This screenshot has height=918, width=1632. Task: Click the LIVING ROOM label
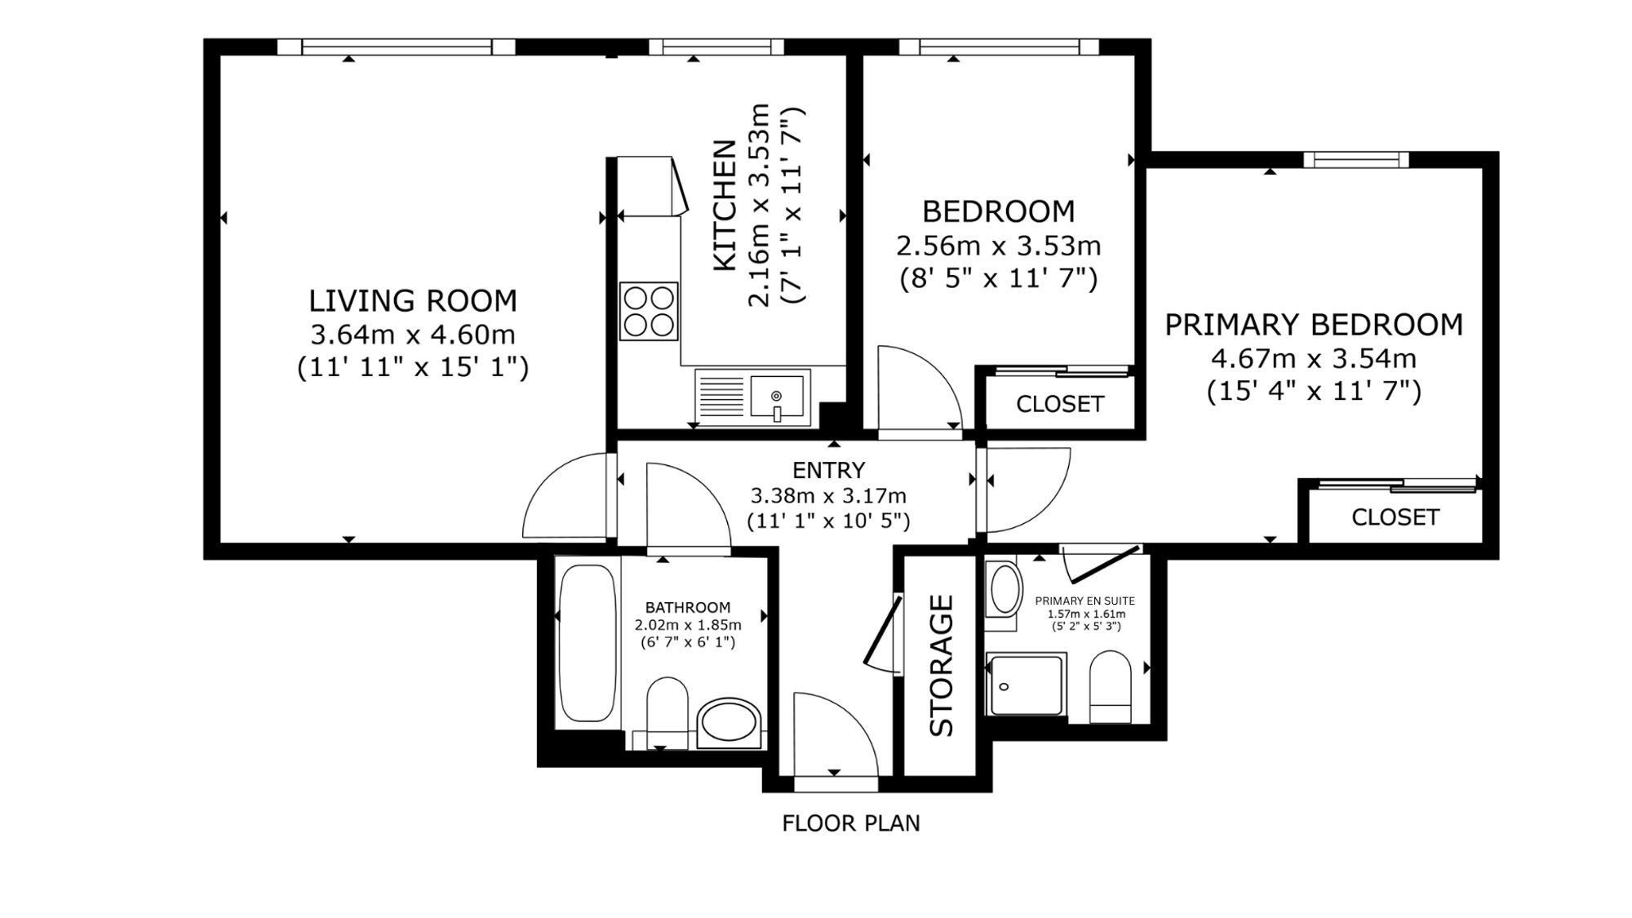tap(413, 301)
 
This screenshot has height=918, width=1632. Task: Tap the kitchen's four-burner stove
tap(649, 311)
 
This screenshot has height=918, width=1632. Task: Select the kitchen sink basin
tap(777, 396)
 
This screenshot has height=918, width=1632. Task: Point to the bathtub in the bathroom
tap(588, 643)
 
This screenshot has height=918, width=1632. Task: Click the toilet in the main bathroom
tap(667, 712)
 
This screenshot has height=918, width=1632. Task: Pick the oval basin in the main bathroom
tap(730, 723)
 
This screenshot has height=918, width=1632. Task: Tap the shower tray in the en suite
tap(1026, 685)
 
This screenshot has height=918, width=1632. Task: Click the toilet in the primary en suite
tap(1111, 686)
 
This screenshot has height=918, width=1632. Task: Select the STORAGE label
tap(942, 665)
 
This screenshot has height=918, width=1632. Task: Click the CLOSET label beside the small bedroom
tap(1059, 404)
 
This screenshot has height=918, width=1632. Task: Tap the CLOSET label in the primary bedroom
tap(1395, 517)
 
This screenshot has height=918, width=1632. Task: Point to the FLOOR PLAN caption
tap(851, 823)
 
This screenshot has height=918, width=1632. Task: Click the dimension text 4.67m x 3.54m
tap(1313, 359)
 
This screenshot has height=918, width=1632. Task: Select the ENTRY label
tap(828, 470)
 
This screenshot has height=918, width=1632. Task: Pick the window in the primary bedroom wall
tap(1356, 159)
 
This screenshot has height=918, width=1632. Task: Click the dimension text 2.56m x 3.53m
tap(999, 246)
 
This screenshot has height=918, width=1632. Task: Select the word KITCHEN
tap(725, 206)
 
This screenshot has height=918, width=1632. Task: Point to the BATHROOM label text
tap(688, 607)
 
